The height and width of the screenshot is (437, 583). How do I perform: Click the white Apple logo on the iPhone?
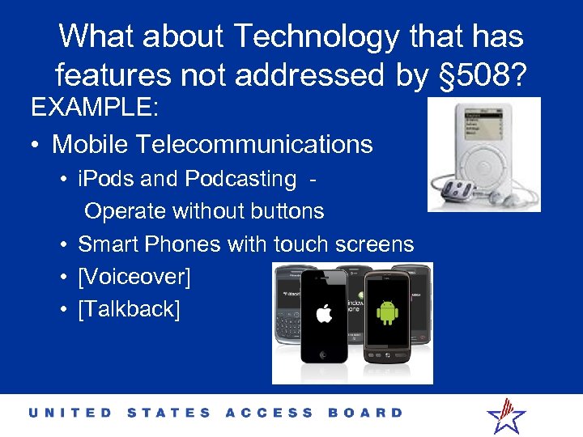(x=324, y=312)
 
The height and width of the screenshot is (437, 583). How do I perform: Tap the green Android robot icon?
(x=387, y=312)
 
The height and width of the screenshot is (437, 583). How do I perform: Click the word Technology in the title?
(x=314, y=36)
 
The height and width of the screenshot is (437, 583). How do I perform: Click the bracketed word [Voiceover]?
(x=134, y=277)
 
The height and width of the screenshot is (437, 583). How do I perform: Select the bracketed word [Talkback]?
(x=129, y=308)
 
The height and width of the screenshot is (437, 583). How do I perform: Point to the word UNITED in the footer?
(x=71, y=413)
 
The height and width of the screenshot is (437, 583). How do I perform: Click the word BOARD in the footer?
(x=365, y=413)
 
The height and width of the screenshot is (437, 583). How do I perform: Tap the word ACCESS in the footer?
(x=270, y=413)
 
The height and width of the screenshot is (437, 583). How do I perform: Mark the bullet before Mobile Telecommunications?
(x=36, y=145)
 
